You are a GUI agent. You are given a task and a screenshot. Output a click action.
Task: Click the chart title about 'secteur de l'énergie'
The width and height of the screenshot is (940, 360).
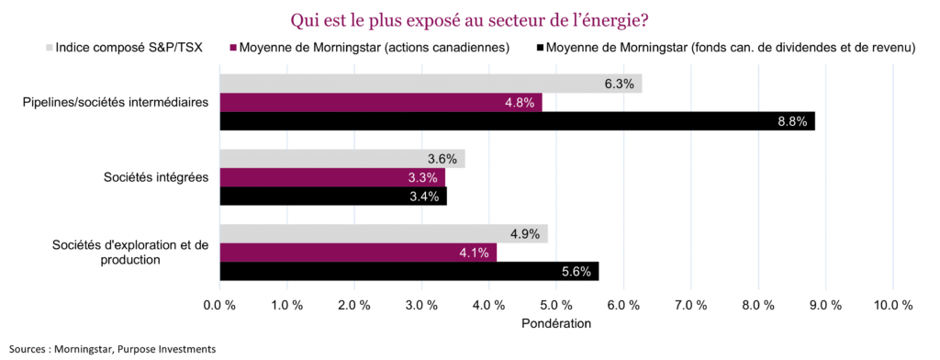tap(469, 19)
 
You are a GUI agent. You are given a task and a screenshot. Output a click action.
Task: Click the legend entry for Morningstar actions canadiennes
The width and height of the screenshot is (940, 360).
tap(375, 48)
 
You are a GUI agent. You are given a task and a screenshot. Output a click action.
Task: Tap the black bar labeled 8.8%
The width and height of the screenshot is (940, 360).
tap(517, 121)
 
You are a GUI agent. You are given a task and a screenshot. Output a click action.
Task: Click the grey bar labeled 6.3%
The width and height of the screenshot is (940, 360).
tap(430, 84)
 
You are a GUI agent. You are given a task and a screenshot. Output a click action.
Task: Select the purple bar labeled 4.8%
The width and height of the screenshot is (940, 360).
tap(380, 103)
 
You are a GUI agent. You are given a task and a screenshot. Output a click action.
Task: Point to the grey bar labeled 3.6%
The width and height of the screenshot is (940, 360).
tap(341, 159)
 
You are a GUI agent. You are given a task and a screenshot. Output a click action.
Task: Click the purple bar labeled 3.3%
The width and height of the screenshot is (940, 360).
tap(331, 177)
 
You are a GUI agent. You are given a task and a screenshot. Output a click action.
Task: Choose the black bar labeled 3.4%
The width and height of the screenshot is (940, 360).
tap(333, 197)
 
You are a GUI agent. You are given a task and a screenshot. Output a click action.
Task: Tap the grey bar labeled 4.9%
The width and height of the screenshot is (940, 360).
tap(384, 233)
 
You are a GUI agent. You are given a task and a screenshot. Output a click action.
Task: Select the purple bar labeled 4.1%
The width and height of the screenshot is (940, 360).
tap(357, 253)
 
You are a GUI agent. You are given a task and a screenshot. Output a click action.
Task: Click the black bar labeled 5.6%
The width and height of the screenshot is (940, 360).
tap(408, 271)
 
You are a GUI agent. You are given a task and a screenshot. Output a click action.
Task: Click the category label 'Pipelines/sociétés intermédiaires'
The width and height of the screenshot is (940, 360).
tap(116, 102)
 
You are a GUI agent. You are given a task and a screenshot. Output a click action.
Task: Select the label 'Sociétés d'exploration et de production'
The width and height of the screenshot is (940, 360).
tap(130, 252)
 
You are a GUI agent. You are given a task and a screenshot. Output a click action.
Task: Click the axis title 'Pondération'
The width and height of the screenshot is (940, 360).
tap(555, 323)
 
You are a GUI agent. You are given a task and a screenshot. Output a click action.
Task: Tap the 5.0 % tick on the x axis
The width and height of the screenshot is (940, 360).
tap(555, 304)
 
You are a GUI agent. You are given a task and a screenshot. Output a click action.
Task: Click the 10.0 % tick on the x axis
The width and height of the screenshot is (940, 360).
tap(892, 304)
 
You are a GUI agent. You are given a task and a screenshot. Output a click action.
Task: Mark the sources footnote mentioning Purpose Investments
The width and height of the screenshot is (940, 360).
tap(112, 349)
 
